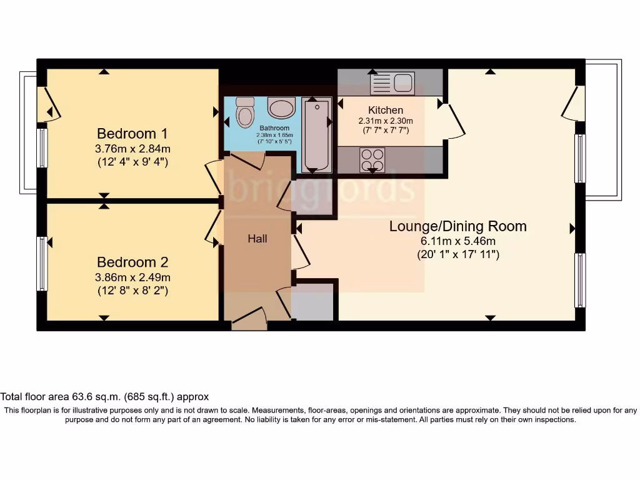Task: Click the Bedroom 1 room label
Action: click(132, 134)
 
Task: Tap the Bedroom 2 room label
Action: click(132, 262)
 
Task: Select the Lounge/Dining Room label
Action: click(457, 226)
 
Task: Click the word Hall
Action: click(257, 239)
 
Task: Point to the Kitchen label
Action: click(385, 110)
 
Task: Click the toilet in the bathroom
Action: click(245, 112)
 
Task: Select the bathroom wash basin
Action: click(281, 107)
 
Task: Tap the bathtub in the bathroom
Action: click(317, 134)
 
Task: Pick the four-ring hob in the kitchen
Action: click(372, 159)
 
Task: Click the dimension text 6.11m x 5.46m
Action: click(457, 241)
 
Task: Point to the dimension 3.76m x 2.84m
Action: click(132, 149)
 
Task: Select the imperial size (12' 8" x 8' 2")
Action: click(132, 291)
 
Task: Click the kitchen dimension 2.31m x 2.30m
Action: click(385, 121)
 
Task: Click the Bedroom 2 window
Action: click(42, 263)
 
